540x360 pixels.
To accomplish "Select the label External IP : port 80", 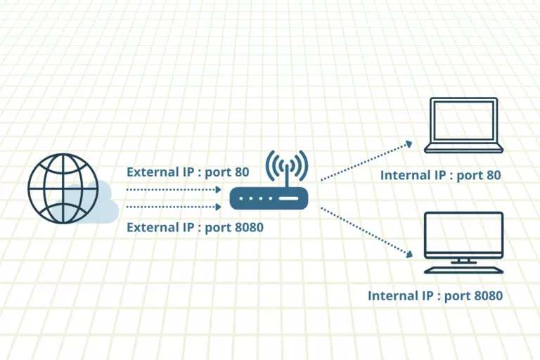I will (x=187, y=172).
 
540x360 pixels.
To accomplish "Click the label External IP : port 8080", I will (x=195, y=227).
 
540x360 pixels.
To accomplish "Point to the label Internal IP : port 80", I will (x=440, y=175).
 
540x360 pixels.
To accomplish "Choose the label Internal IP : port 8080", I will (x=435, y=296).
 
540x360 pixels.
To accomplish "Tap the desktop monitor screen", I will (x=464, y=234).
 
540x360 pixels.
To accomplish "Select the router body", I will (x=269, y=199).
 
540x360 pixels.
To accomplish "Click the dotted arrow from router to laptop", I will (x=366, y=161).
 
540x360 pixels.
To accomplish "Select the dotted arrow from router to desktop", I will (x=366, y=231).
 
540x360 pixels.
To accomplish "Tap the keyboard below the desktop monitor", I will (x=464, y=270).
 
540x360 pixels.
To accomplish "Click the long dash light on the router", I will (x=289, y=199).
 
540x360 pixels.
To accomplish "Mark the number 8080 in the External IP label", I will (x=247, y=227).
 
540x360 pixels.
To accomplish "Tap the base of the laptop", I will (x=464, y=149).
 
